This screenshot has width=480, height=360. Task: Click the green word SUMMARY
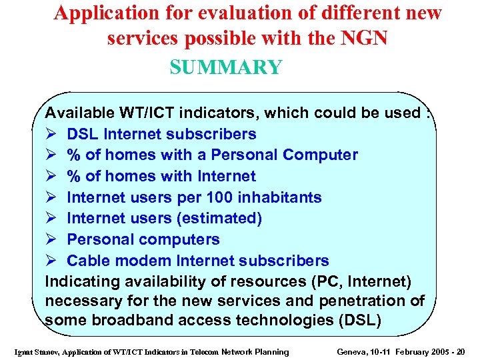click(226, 67)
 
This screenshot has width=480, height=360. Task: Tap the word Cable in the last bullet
click(89, 261)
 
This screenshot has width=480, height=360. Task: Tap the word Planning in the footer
click(273, 352)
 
